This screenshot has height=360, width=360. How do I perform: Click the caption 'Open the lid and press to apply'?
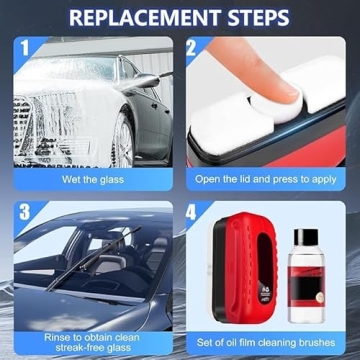(268, 180)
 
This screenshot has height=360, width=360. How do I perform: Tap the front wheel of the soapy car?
(125, 140)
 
